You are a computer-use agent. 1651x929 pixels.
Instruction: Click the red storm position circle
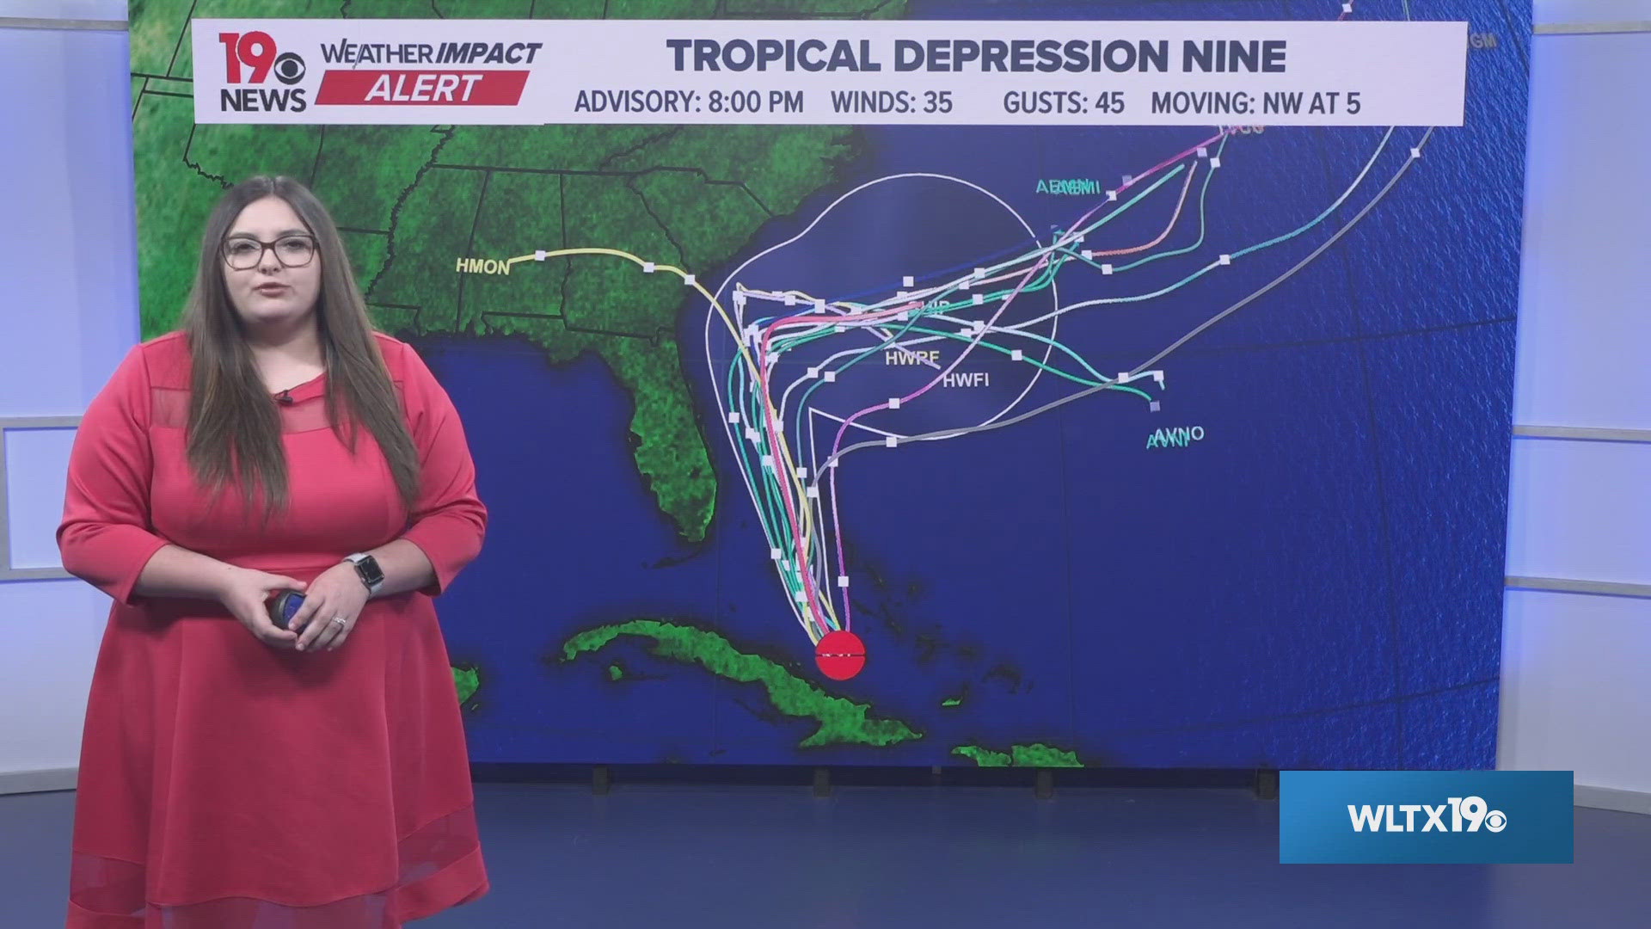pos(838,655)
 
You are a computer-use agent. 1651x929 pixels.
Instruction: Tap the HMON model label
pos(482,267)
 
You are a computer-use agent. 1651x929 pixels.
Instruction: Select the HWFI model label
pos(966,379)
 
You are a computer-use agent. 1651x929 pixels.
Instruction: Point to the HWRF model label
pos(912,358)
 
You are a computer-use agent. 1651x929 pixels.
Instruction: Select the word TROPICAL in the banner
pos(774,57)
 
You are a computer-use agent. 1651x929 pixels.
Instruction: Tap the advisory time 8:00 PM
pos(755,103)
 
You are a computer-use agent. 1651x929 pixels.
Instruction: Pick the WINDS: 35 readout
pos(891,103)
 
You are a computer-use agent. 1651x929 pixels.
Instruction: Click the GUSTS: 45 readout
pos(1063,103)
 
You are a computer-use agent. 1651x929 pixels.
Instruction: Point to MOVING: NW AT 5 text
pos(1255,103)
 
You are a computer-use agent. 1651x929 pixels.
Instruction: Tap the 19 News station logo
pos(261,72)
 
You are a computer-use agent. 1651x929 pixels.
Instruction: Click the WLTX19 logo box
pos(1426,817)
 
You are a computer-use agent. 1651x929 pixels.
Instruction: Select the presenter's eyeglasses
pos(269,251)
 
